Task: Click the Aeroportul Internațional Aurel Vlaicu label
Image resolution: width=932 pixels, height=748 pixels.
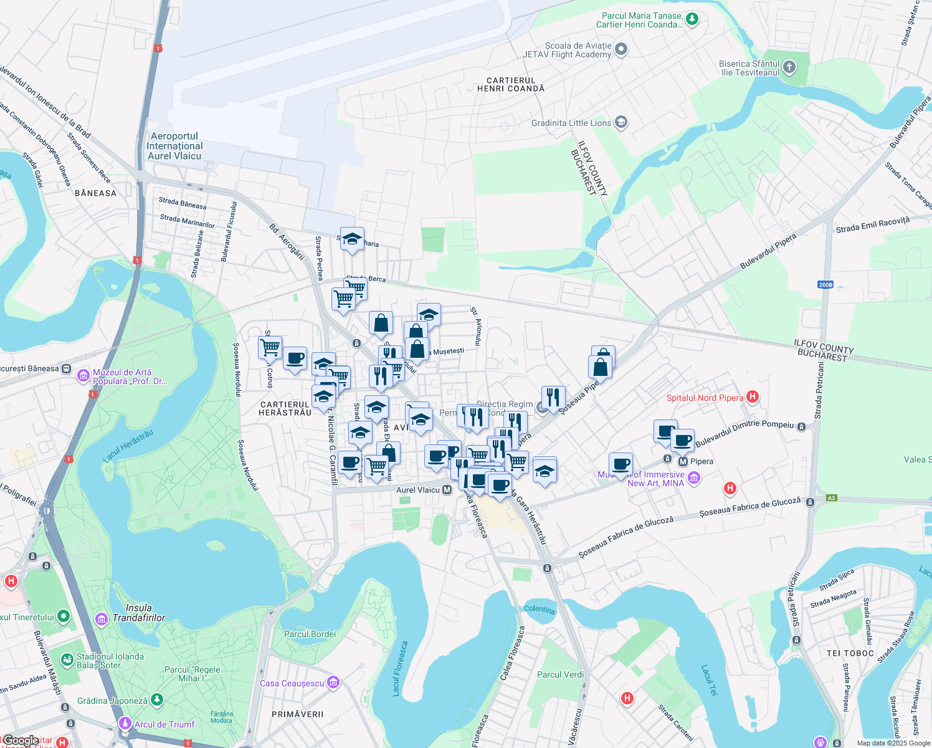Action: pos(174,146)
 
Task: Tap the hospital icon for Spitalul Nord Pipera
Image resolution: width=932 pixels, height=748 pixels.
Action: pos(753,397)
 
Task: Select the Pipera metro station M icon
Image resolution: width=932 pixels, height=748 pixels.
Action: pos(683,462)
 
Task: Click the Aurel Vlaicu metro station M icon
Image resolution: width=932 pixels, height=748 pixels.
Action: pos(447,491)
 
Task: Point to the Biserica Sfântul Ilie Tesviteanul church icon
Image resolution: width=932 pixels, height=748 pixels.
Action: pos(789,68)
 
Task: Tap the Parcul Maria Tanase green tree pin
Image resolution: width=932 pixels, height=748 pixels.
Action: pos(692,20)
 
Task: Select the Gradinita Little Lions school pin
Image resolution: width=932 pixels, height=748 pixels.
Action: pos(621,122)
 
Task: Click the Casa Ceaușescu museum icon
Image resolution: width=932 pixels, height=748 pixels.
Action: pos(333,683)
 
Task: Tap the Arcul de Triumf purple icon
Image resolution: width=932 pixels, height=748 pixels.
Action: pos(125,724)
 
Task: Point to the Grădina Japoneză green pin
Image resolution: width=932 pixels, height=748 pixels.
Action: pos(156,700)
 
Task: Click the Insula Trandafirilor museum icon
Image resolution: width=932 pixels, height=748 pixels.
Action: pos(102,618)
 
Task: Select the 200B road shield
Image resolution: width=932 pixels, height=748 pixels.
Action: pos(825,285)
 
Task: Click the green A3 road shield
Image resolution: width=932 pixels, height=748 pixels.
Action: pos(832,498)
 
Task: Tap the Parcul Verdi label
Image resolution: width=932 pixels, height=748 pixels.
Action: pos(560,674)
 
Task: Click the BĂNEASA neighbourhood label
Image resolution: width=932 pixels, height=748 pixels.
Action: pos(95,193)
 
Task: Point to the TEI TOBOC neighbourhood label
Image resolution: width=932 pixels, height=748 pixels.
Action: pos(850,653)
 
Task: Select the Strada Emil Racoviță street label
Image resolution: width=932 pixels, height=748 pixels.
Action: pos(872,225)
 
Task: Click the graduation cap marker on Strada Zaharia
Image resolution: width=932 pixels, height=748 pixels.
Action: pos(352,239)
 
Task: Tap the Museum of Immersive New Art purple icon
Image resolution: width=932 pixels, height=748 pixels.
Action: pos(694,478)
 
